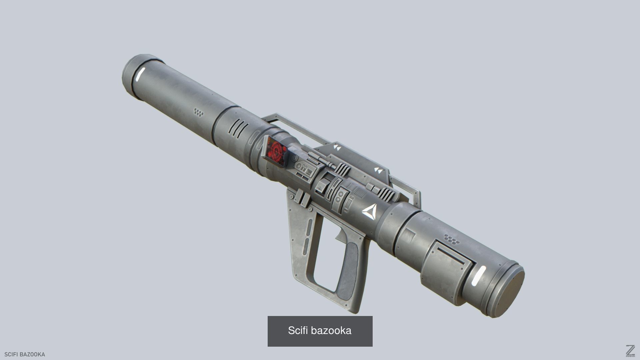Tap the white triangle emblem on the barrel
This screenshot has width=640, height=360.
pos(369,212)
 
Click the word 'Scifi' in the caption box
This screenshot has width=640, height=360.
pos(298,331)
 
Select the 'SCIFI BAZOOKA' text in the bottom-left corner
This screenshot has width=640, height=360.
pos(25,354)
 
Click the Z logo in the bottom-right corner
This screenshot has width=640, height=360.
pos(630,351)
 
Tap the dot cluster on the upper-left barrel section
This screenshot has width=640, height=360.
pos(199,112)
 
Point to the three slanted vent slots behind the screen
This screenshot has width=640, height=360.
pos(239,128)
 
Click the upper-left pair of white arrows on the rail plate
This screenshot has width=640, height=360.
pos(337,147)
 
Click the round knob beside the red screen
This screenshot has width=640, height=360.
pos(295,158)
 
